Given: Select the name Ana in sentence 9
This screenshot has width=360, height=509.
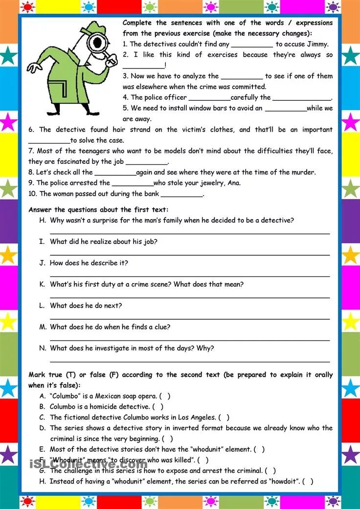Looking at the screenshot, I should (234, 183).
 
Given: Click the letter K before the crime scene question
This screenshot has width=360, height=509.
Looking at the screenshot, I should (42, 284).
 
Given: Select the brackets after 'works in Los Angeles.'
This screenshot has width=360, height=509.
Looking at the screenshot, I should (224, 418).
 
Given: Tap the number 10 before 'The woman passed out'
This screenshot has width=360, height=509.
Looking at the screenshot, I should (33, 194).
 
